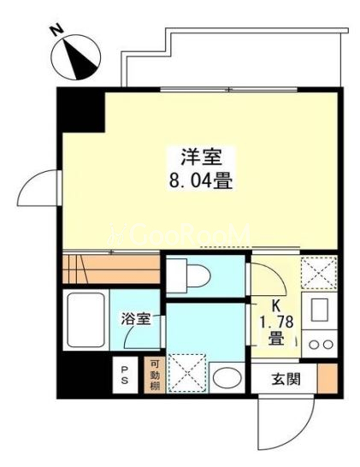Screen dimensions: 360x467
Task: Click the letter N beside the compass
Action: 56,31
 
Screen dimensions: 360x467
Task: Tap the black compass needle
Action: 79,59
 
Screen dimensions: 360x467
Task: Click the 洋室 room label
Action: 202,157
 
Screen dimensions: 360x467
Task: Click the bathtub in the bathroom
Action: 86,320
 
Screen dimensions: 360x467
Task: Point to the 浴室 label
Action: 136,319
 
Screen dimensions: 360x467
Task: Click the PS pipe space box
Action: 125,375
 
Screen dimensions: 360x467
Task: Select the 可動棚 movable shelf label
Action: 154,375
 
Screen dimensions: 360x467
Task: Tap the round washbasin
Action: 227,378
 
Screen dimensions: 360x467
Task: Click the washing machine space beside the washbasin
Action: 187,373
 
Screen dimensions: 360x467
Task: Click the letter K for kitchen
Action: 275,306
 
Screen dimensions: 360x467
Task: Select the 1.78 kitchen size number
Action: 276,322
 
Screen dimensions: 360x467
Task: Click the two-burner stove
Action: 320,344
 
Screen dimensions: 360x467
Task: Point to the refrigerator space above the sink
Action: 319,273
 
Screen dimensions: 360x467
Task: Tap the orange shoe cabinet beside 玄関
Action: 328,378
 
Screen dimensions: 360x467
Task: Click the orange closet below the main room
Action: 111,269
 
